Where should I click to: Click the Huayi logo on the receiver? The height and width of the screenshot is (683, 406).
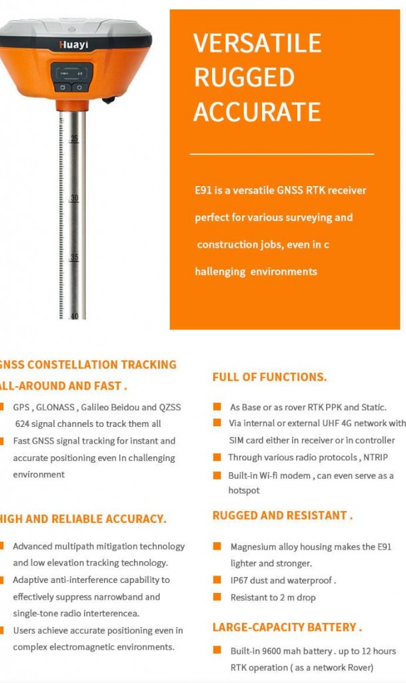click(73, 44)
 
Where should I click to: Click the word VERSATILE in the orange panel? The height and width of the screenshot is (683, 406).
click(257, 43)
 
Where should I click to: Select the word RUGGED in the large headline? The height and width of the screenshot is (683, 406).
click(244, 77)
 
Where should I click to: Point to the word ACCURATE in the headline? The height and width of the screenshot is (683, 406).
click(257, 111)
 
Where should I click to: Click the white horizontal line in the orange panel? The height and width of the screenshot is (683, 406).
click(281, 154)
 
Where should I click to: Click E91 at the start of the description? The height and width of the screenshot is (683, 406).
click(203, 190)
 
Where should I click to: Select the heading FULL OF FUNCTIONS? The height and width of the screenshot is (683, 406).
click(269, 377)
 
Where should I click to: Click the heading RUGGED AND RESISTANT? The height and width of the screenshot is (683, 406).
click(282, 516)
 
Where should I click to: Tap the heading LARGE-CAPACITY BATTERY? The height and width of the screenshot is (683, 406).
click(287, 628)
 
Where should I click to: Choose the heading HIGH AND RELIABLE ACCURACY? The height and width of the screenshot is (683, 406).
click(83, 519)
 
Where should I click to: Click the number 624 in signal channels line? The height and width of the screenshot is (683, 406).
click(23, 424)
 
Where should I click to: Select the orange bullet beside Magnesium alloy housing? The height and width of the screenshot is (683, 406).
click(217, 546)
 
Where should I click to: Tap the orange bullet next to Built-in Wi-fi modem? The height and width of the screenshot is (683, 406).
click(217, 476)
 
